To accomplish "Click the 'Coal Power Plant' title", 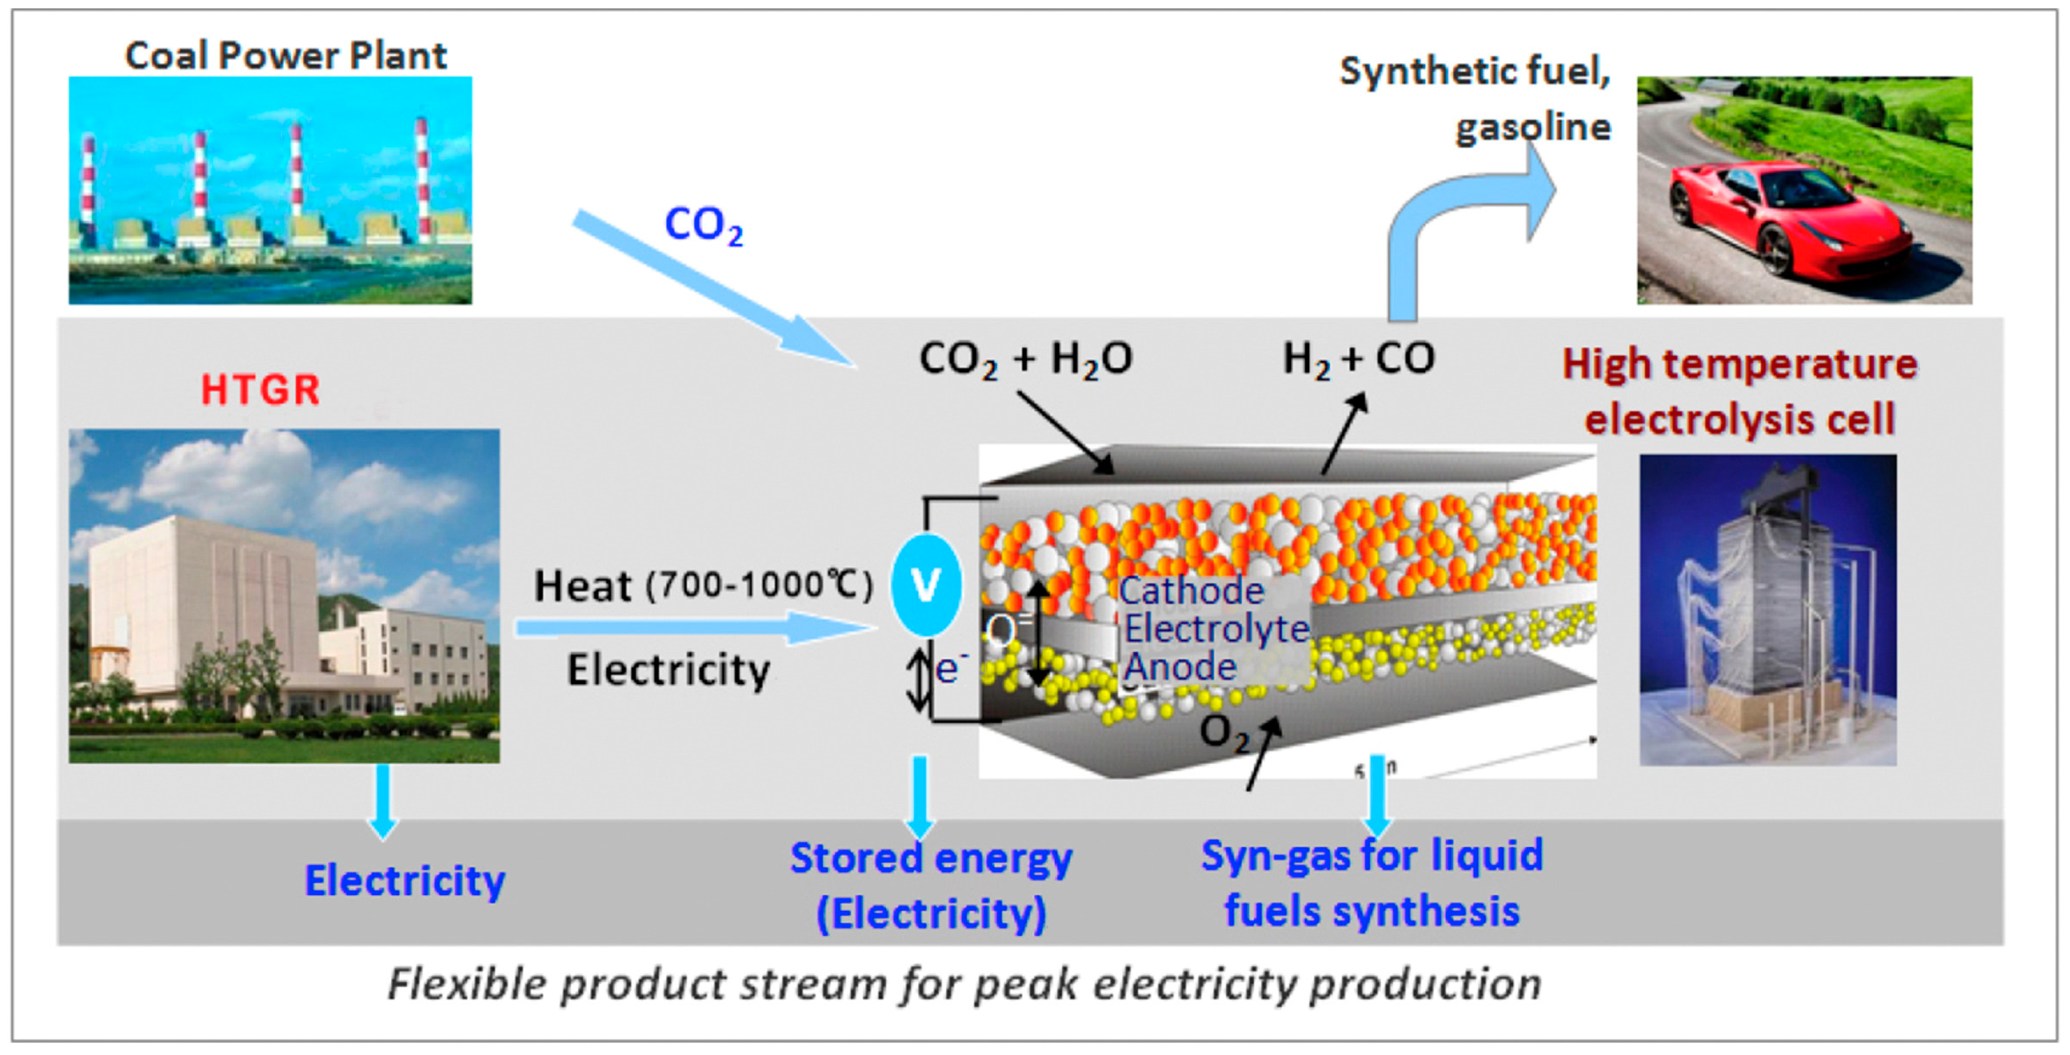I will (x=285, y=55).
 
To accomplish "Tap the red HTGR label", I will (x=259, y=390).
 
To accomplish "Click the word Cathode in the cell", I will (x=1191, y=591).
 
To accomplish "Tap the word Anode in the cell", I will (x=1180, y=667).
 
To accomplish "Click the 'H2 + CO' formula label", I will (x=1358, y=358).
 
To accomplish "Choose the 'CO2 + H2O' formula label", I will (x=1025, y=358).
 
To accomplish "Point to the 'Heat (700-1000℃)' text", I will (x=703, y=585).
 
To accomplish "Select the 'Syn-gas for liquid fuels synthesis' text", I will (x=1372, y=883).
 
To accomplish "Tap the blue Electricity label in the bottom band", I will (x=404, y=881).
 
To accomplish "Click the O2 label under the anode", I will (x=1224, y=733).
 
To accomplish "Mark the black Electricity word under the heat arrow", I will (x=669, y=670).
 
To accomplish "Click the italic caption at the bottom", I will (x=964, y=983).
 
